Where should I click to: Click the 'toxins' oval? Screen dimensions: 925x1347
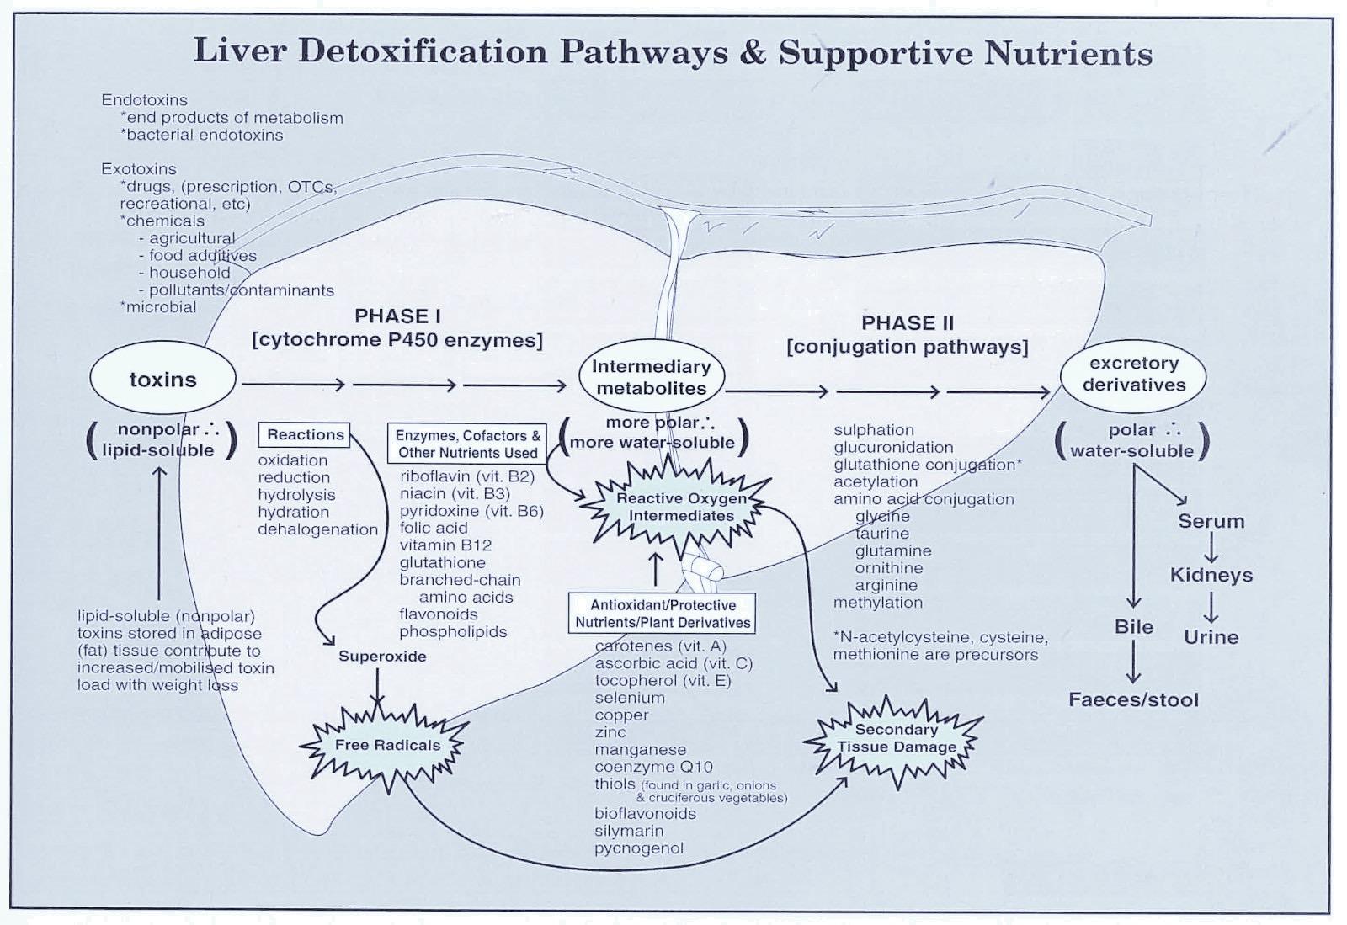pyautogui.click(x=162, y=380)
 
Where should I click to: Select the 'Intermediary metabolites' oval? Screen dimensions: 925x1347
pyautogui.click(x=651, y=377)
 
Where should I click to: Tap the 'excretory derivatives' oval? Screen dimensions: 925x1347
pyautogui.click(x=1133, y=375)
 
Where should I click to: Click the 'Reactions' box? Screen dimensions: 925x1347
pyautogui.click(x=305, y=434)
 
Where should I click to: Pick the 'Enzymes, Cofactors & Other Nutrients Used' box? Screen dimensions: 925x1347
pyautogui.click(x=467, y=444)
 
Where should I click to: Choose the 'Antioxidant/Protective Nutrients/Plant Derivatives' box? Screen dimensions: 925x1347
pyautogui.click(x=662, y=614)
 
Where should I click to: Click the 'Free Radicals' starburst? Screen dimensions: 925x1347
pyautogui.click(x=387, y=745)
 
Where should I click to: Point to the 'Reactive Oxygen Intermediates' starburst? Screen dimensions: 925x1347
pyautogui.click(x=681, y=507)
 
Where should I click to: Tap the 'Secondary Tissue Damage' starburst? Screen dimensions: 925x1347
pyautogui.click(x=896, y=738)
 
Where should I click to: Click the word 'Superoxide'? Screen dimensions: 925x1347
pyautogui.click(x=382, y=657)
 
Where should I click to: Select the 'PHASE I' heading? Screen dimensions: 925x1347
pyautogui.click(x=397, y=316)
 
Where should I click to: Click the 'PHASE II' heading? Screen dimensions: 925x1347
pyautogui.click(x=907, y=323)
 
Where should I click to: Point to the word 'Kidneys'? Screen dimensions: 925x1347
pyautogui.click(x=1211, y=576)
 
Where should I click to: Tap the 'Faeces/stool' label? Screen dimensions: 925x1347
pyautogui.click(x=1133, y=699)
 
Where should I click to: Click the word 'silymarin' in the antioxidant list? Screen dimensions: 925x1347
pyautogui.click(x=629, y=831)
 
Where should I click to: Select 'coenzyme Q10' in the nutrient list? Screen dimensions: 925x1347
pyautogui.click(x=653, y=767)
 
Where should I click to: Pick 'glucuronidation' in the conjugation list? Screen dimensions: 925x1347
pyautogui.click(x=893, y=448)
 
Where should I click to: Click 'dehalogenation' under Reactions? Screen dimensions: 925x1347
pyautogui.click(x=317, y=529)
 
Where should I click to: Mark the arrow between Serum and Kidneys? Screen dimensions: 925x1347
pyautogui.click(x=1211, y=549)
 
